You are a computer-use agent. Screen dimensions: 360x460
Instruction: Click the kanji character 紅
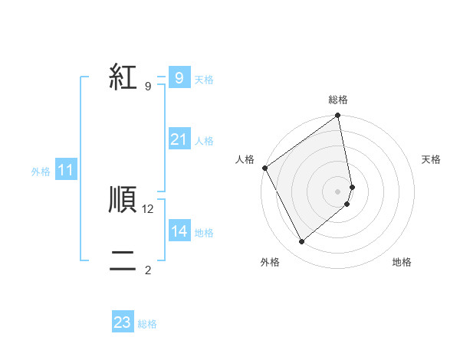[123, 77]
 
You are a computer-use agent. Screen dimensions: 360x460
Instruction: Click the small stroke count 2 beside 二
[148, 270]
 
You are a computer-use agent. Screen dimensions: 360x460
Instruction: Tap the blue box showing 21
[179, 139]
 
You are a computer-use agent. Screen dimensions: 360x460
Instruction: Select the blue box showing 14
[179, 231]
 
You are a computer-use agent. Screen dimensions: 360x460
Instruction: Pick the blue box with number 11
[65, 170]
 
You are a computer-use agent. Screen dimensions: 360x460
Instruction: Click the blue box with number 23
[122, 322]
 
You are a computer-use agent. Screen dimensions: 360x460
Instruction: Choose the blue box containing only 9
[179, 78]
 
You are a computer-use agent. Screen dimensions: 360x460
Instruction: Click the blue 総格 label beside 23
[147, 324]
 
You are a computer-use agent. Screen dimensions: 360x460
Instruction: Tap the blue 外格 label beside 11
[41, 172]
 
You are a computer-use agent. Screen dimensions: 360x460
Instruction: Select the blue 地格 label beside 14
[204, 233]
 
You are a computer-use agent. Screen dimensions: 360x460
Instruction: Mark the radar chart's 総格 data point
[337, 116]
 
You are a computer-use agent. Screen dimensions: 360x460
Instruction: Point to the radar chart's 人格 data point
[264, 168]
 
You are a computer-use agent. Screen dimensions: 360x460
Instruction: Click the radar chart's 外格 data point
[301, 241]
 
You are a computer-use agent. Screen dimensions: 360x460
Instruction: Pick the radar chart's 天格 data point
[352, 187]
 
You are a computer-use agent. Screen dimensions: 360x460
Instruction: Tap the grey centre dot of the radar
[337, 191]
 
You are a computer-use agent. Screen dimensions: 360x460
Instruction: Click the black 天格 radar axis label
[431, 159]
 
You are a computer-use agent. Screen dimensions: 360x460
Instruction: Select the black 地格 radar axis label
[402, 262]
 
